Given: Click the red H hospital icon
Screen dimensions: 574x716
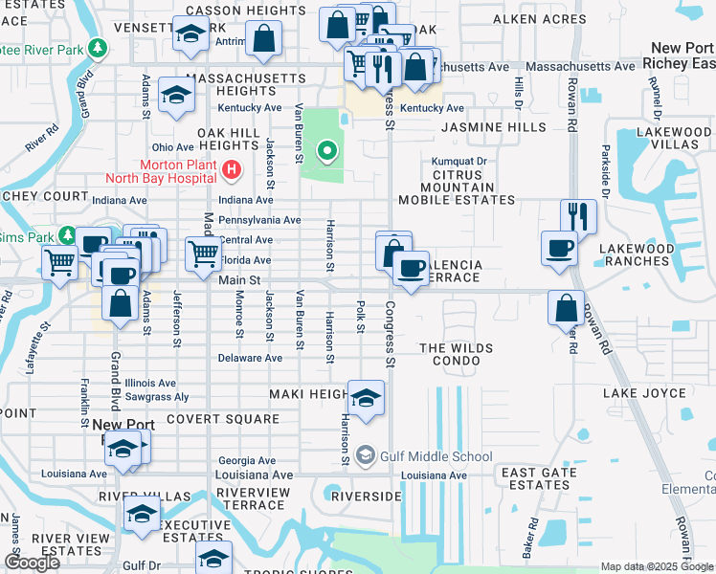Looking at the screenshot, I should (x=231, y=171).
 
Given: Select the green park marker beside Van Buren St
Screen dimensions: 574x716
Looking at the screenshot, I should (x=327, y=150).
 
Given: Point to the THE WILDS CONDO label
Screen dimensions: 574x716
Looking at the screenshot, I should (x=458, y=355).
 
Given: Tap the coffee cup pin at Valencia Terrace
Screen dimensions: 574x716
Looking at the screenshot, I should (x=411, y=268).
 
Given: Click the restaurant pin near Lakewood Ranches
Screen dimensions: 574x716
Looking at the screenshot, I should (x=578, y=216).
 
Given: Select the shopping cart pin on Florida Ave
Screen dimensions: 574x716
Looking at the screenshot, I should (x=203, y=254).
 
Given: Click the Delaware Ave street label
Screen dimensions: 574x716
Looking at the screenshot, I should (x=250, y=358).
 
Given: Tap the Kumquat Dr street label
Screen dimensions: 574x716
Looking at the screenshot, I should (x=459, y=162).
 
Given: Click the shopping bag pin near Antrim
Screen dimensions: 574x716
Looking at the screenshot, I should (x=263, y=39).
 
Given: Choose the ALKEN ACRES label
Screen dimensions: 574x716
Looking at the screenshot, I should (x=539, y=19).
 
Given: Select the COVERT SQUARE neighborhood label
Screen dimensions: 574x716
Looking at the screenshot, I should (x=222, y=419).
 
